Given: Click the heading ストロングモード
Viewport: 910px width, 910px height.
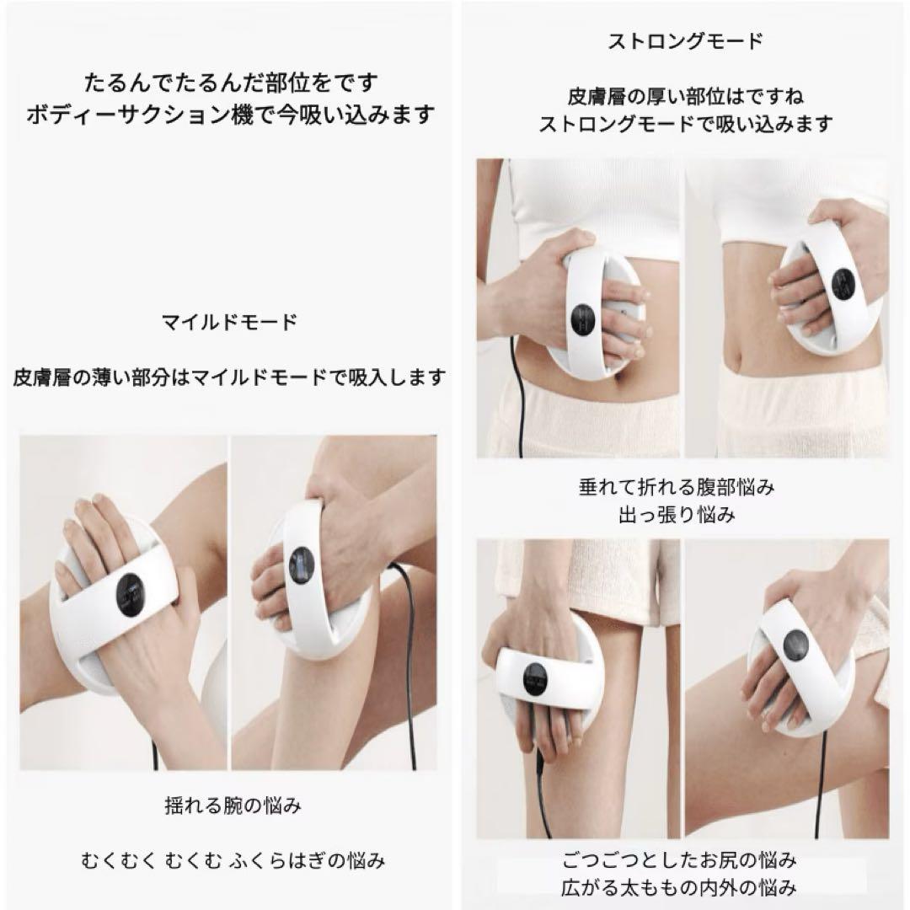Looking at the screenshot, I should pyautogui.click(x=685, y=41).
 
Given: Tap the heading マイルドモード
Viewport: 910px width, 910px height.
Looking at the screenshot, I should pyautogui.click(x=230, y=322).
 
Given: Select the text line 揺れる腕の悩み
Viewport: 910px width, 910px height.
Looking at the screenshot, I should pyautogui.click(x=233, y=806).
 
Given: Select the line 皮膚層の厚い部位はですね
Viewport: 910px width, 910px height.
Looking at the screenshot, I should pyautogui.click(x=685, y=96).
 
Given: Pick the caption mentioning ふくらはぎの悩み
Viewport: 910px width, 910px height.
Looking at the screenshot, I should pyautogui.click(x=233, y=860).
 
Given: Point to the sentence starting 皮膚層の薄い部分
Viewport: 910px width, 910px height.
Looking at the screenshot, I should pyautogui.click(x=230, y=377).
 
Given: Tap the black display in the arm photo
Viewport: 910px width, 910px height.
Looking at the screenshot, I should pyautogui.click(x=130, y=595).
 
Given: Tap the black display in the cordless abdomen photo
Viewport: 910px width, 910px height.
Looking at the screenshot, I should pyautogui.click(x=843, y=284).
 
